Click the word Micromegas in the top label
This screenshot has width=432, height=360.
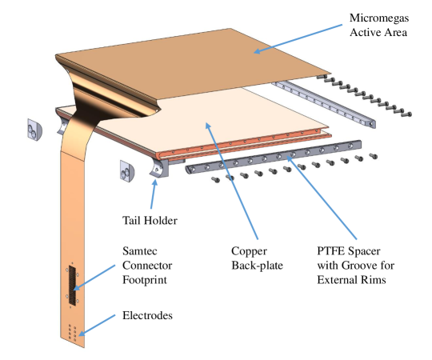(379, 18)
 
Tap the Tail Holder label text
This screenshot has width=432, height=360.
(150, 221)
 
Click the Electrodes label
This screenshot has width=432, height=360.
(147, 315)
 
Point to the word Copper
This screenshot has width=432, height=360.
(249, 251)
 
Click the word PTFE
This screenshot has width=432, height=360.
(330, 251)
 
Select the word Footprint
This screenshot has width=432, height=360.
(145, 280)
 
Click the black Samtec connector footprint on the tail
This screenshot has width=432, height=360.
(72, 286)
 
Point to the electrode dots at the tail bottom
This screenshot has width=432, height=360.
(73, 332)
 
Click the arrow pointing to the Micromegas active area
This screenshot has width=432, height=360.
(298, 38)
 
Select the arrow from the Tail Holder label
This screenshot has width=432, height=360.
(154, 194)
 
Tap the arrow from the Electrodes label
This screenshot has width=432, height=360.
(97, 326)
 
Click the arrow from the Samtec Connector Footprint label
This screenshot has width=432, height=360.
(94, 278)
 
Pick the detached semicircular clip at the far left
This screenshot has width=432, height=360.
(34, 130)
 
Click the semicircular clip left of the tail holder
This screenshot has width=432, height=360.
(126, 171)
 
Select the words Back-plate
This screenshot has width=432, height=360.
(257, 266)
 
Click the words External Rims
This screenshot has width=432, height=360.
(351, 280)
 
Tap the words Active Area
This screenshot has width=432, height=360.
(378, 33)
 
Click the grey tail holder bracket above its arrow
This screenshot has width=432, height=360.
(159, 168)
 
